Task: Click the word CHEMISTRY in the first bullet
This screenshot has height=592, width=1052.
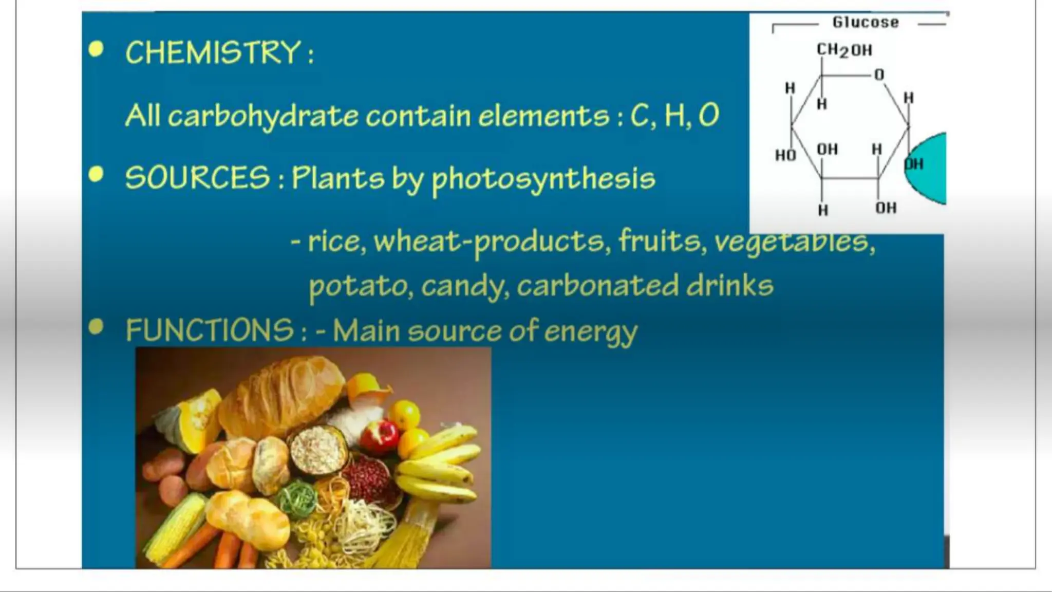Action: point(213,52)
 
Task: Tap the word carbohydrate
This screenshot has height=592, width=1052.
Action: point(262,116)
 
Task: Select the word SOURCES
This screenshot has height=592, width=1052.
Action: point(197,178)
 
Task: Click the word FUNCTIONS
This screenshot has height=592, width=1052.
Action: point(210,330)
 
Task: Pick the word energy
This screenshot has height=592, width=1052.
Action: point(591,332)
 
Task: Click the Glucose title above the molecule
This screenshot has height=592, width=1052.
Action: point(866,23)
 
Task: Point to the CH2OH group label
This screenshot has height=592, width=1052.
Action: point(844,50)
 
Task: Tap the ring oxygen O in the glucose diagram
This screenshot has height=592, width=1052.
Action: point(879,75)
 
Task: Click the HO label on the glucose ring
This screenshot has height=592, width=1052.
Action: point(785,155)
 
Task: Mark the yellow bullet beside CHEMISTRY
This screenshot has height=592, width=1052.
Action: point(96,49)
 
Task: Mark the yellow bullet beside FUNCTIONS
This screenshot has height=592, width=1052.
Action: point(96,327)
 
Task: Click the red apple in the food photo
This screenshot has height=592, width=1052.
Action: point(379,436)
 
